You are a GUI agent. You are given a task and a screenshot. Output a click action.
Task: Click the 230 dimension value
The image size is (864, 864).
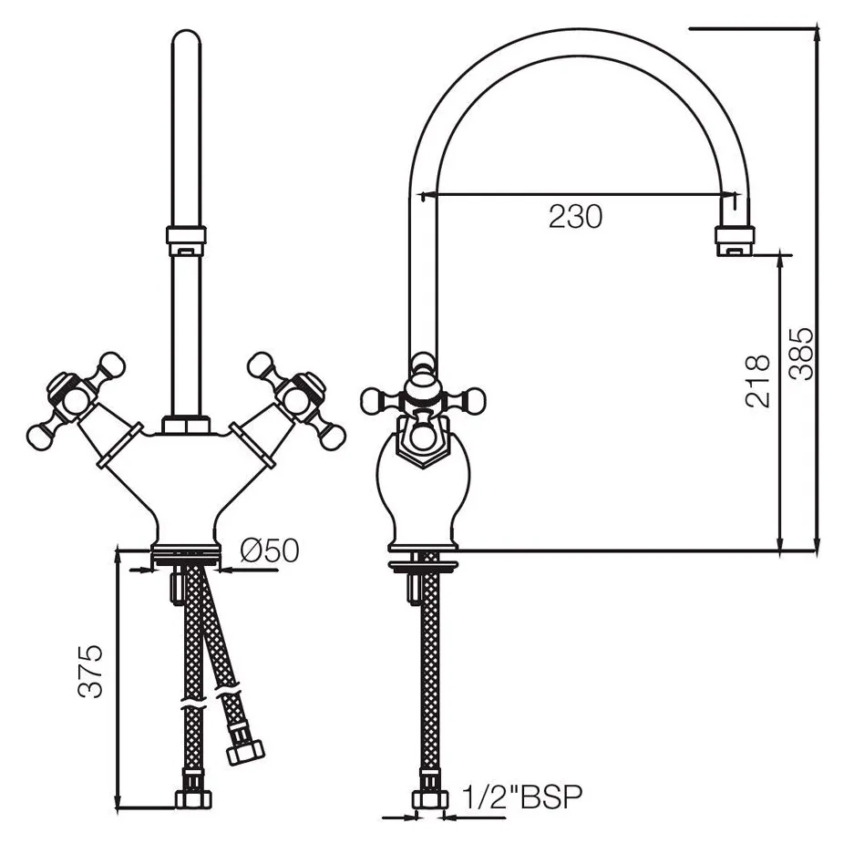pos(575,217)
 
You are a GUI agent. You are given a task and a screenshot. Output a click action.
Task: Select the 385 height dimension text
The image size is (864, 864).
pos(800,355)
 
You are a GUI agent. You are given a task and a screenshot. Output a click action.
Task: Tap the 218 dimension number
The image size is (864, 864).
pos(757,381)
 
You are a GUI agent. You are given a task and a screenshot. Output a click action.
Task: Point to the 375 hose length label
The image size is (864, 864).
pos(90,671)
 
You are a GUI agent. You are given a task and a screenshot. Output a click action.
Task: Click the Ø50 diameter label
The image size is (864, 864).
pos(270,550)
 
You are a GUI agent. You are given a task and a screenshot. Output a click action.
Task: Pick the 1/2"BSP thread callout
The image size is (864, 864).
pos(521,797)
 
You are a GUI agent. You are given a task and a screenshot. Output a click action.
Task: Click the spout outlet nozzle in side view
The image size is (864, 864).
pos(735,241)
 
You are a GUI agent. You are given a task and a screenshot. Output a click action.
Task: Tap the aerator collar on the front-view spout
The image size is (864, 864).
pos(186,242)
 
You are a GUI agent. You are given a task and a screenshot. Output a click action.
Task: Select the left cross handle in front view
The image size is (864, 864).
pos(77,399)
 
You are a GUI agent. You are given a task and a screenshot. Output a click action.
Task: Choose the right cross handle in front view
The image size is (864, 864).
pos(296,399)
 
